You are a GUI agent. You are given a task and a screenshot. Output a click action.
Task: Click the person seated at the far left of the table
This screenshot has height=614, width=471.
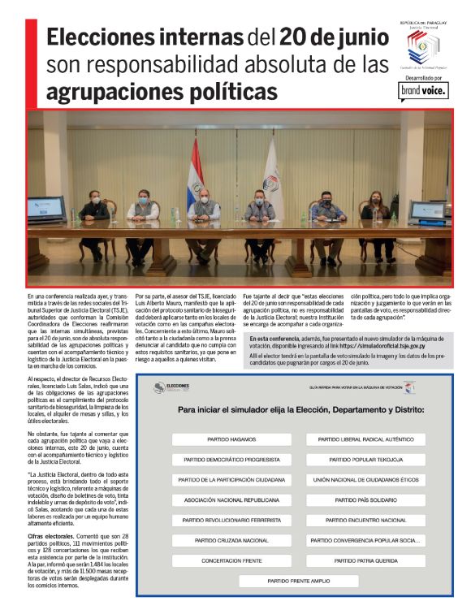click(93, 214)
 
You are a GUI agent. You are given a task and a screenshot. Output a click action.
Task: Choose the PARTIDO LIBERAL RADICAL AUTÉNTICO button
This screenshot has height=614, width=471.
click(365, 439)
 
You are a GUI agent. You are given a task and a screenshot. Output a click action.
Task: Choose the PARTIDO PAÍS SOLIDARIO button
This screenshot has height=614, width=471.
click(365, 499)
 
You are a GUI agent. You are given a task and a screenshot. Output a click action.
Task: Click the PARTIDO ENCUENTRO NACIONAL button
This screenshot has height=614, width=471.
click(365, 518)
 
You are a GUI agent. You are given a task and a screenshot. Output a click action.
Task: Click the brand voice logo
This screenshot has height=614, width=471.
click(423, 91)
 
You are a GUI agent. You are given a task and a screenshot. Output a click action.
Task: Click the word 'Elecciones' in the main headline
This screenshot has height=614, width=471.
click(102, 38)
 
